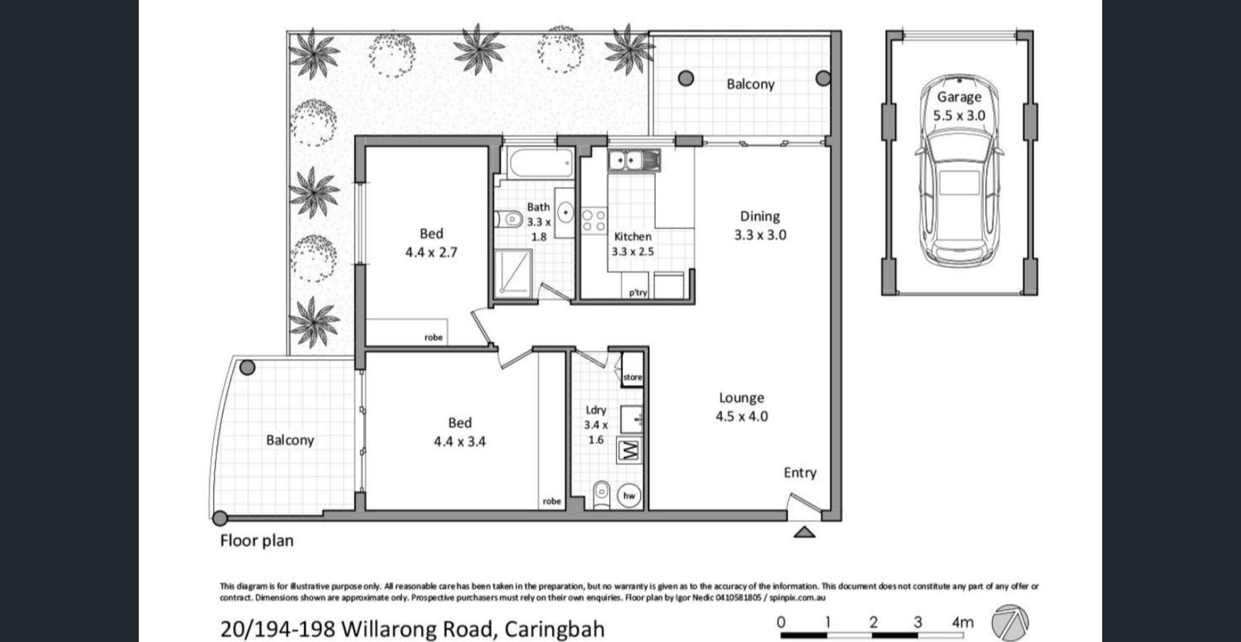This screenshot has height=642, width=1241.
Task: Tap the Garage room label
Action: point(959,97)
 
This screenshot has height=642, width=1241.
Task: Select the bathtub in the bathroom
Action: point(541,164)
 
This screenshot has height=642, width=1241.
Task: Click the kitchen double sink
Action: point(633,160)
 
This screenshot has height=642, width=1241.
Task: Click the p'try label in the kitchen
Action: point(638,293)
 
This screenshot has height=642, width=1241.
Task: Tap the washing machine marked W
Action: point(629,451)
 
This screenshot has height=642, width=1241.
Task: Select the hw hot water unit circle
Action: point(629,496)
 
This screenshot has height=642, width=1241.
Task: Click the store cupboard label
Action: point(633,377)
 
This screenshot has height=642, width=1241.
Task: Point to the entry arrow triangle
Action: point(805,532)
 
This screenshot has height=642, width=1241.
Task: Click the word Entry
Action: point(800,473)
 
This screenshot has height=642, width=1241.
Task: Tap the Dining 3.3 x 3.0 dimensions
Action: point(760,235)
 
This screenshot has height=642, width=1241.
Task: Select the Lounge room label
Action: point(742,398)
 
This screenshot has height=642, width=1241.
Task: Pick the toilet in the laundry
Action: point(601,494)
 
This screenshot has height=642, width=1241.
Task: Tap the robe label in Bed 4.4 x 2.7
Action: point(433,337)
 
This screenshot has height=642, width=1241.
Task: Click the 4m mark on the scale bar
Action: point(963,622)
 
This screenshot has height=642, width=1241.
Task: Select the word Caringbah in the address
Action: point(554,628)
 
